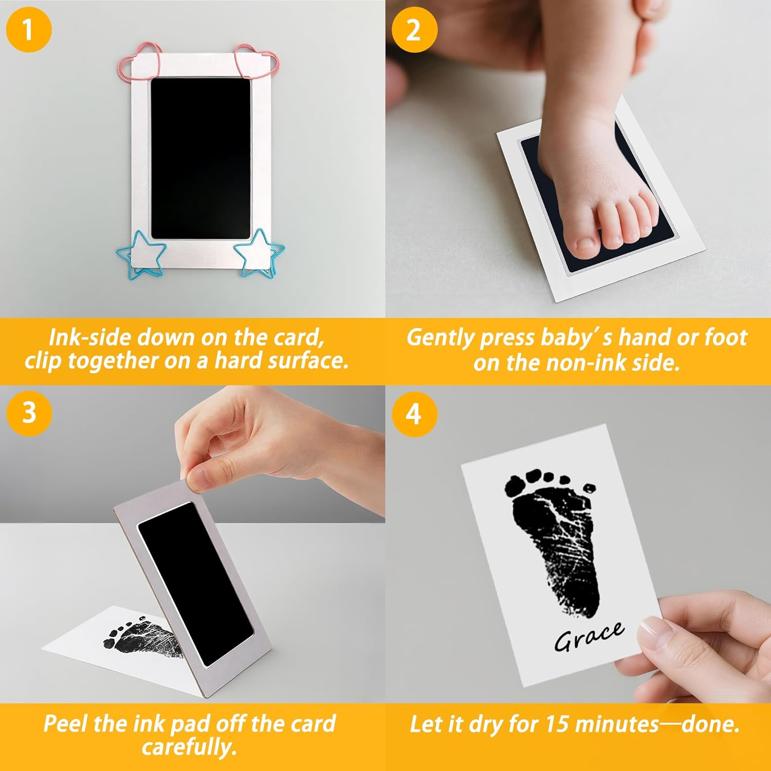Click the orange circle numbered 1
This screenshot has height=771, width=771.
[x=28, y=29]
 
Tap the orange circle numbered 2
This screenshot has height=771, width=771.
[x=414, y=29]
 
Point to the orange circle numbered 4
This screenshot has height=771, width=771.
[x=414, y=414]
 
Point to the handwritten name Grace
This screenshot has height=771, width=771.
[x=589, y=637]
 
